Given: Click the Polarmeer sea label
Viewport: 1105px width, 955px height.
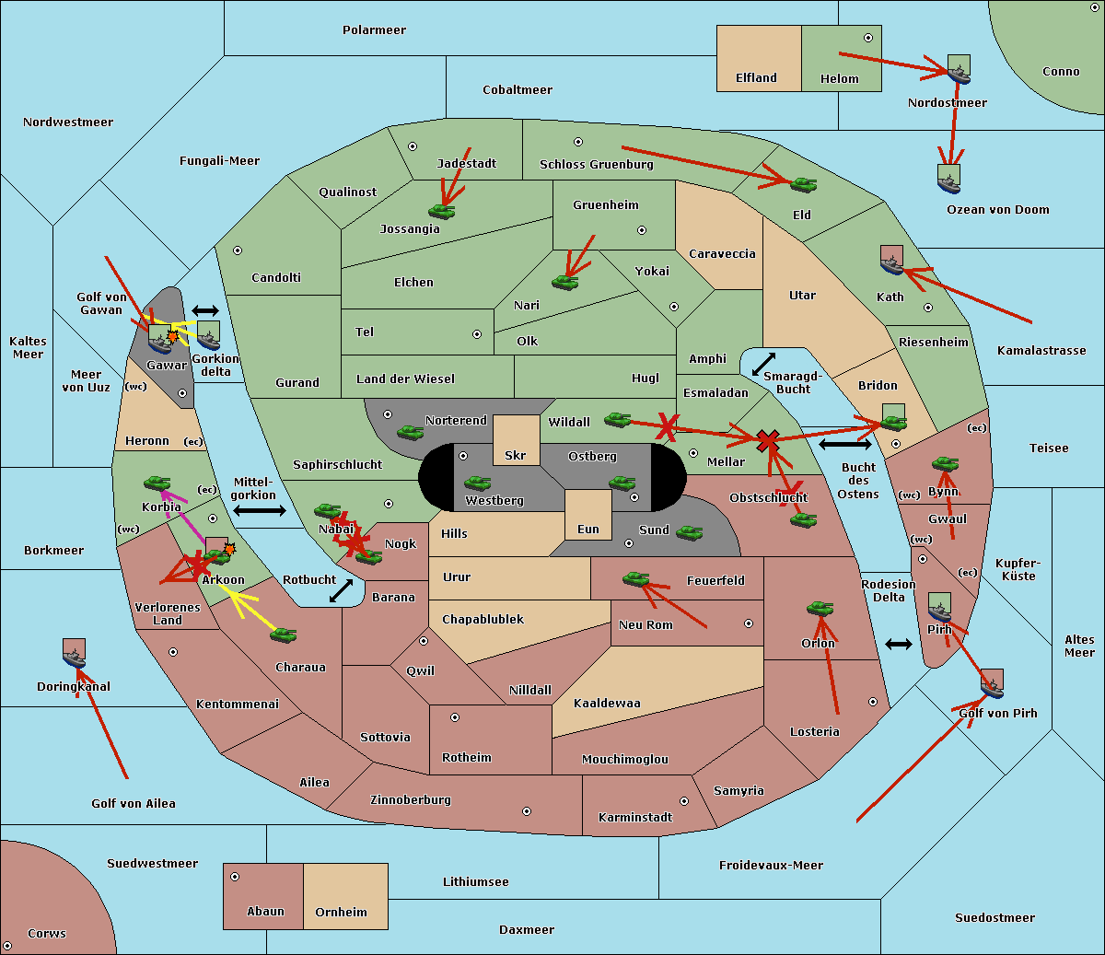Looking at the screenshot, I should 374,30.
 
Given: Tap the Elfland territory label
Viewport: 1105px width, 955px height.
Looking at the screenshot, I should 756,78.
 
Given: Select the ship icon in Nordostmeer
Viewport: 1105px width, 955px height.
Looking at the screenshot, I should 959,70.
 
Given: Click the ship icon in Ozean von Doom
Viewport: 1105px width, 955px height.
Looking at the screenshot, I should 948,180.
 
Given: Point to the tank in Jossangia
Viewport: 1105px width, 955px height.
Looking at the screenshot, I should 442,211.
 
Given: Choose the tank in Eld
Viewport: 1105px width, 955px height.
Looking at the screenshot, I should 803,184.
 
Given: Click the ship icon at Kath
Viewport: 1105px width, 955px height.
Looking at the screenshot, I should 891,262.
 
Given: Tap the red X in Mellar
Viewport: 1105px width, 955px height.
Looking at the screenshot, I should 766,441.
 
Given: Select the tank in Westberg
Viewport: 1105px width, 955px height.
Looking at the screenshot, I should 477,483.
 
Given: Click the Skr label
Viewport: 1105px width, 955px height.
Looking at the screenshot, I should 516,456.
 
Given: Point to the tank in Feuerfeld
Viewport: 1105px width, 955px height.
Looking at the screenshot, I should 635,578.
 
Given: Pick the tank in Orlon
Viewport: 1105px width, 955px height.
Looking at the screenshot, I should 820,608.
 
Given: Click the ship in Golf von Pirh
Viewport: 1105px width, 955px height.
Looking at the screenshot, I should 992,684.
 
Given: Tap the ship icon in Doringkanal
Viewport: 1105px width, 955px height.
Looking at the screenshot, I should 74,653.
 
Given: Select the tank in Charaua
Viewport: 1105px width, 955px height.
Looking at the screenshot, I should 283,635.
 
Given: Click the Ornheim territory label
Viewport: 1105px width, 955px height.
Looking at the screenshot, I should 341,913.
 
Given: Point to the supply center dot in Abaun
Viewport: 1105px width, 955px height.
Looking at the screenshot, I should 235,877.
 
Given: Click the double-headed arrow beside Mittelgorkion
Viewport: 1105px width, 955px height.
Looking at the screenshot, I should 259,510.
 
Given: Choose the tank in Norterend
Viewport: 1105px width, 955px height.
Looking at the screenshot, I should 410,432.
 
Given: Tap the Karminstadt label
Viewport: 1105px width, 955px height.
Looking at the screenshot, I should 635,818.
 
